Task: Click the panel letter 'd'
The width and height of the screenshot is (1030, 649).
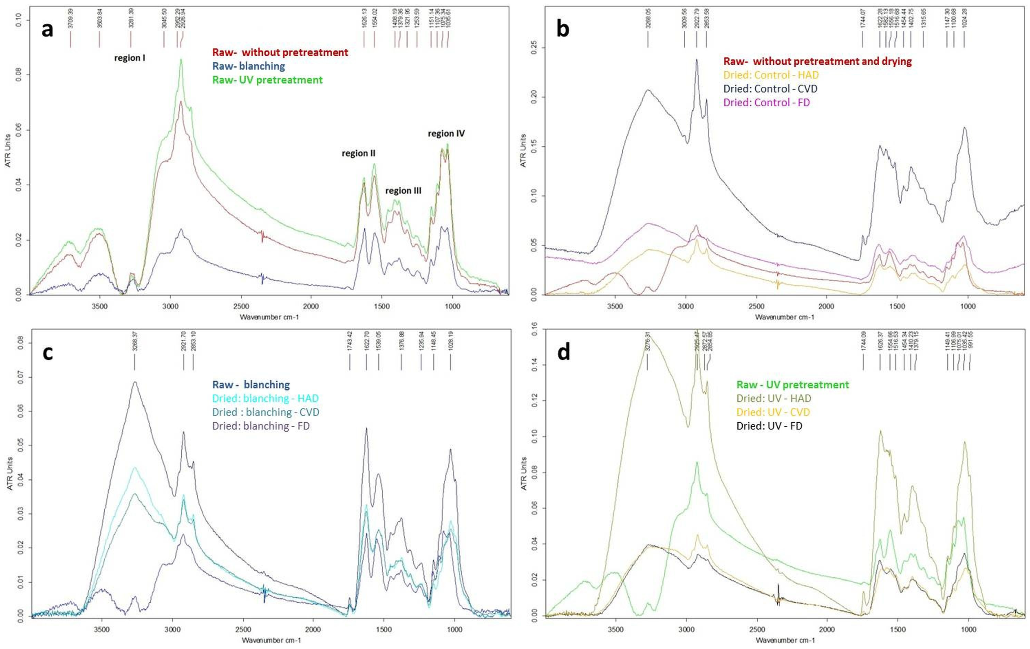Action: click(563, 353)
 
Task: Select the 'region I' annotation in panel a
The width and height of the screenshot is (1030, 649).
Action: click(129, 58)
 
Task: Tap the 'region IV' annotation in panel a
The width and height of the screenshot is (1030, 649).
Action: click(446, 134)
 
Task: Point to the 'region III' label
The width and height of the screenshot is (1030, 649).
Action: click(403, 191)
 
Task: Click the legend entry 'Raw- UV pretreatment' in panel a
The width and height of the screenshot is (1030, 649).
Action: click(267, 80)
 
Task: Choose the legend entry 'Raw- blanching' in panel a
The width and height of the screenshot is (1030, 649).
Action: click(249, 66)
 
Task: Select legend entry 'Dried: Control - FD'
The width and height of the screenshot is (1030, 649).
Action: click(766, 103)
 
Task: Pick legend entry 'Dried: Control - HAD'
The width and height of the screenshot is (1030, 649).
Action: click(771, 75)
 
